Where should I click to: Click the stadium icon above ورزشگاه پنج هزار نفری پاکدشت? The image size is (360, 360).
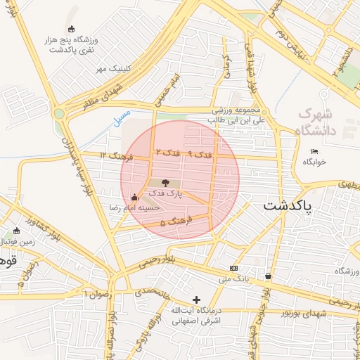point(71,29)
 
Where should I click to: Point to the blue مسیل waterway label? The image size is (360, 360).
point(122,113)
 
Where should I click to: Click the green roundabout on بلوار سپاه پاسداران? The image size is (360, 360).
point(59,112)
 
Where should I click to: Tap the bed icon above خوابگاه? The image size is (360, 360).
point(314,152)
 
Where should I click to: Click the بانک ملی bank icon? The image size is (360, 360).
point(233,268)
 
